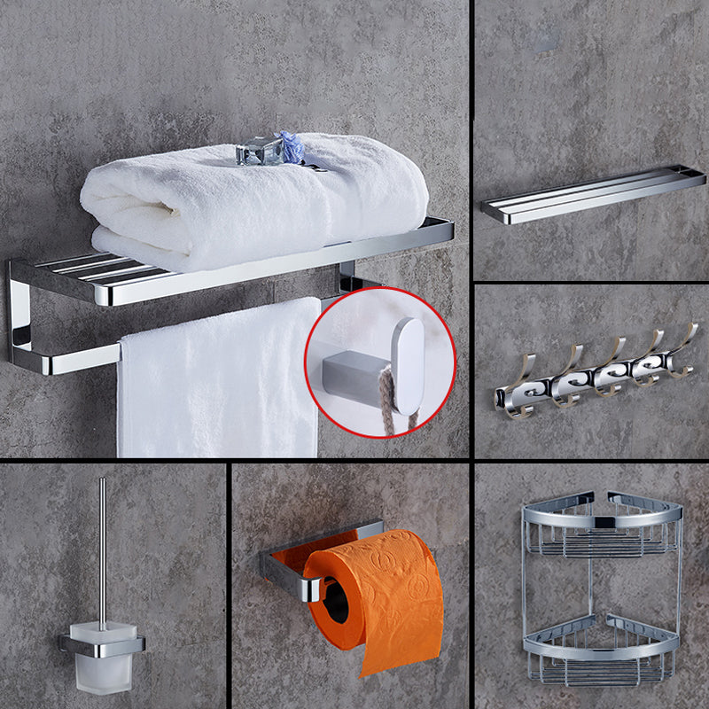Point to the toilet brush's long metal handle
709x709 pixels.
(102, 549)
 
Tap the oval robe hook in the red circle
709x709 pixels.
(408, 363)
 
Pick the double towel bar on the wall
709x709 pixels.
(594, 195)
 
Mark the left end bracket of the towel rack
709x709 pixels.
(19, 315)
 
